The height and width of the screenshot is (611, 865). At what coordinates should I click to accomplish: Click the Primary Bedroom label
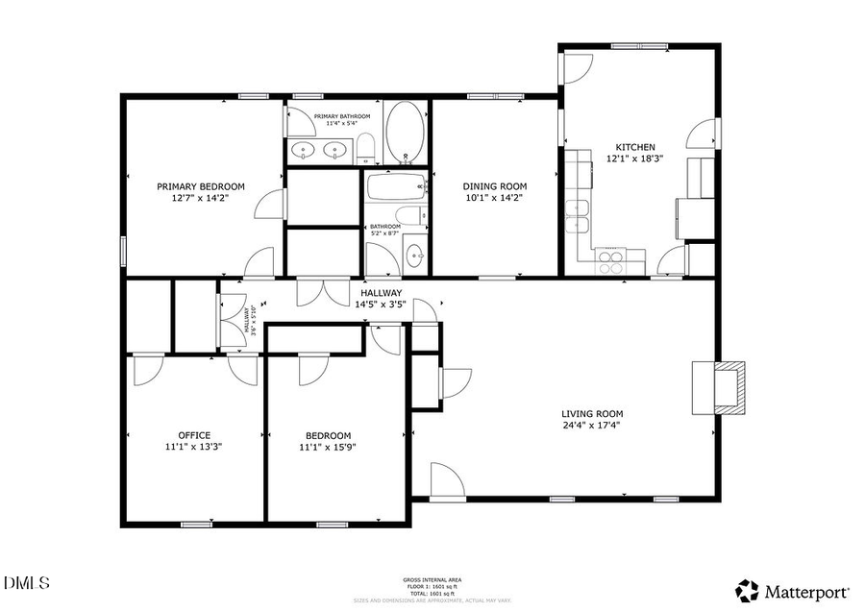point(201,186)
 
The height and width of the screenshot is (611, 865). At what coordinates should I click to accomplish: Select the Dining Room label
point(495,186)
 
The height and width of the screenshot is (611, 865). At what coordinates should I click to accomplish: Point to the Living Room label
point(592,414)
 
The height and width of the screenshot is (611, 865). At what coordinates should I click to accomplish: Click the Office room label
point(194,435)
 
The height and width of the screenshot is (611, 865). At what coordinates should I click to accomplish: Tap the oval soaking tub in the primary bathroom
point(407,136)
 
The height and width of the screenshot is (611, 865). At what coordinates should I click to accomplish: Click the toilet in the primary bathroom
point(365,148)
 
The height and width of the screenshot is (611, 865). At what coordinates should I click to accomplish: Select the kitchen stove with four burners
point(610,260)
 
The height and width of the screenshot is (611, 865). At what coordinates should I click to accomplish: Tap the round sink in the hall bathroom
point(415,257)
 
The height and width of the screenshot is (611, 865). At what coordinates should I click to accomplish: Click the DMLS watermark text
point(27,582)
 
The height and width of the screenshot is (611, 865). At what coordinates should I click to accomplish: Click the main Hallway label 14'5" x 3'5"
point(382,299)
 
